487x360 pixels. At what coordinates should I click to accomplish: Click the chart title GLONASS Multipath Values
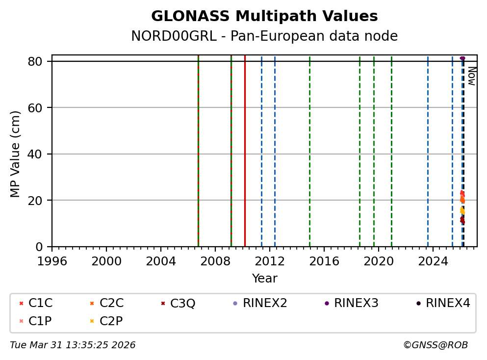[x=264, y=16]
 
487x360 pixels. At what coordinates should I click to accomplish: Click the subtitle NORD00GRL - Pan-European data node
[x=264, y=36]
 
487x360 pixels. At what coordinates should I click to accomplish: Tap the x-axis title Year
[x=264, y=279]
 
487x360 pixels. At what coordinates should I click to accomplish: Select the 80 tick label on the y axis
[x=40, y=61]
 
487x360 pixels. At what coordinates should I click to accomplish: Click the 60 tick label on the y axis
[x=40, y=108]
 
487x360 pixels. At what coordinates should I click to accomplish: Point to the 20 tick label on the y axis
[x=40, y=201]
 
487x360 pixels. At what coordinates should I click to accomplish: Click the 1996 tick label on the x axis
[x=52, y=261]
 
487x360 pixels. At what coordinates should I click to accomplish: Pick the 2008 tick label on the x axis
[x=215, y=261]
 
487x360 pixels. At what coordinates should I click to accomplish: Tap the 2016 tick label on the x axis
[x=324, y=261]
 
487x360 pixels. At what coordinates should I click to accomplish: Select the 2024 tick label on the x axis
[x=433, y=261]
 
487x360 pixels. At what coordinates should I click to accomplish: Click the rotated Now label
[x=471, y=76]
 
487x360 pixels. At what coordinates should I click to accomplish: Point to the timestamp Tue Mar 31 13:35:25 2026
[x=73, y=345]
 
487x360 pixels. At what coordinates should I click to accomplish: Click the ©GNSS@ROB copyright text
[x=436, y=345]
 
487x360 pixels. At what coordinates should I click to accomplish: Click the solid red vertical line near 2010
[x=245, y=147]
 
